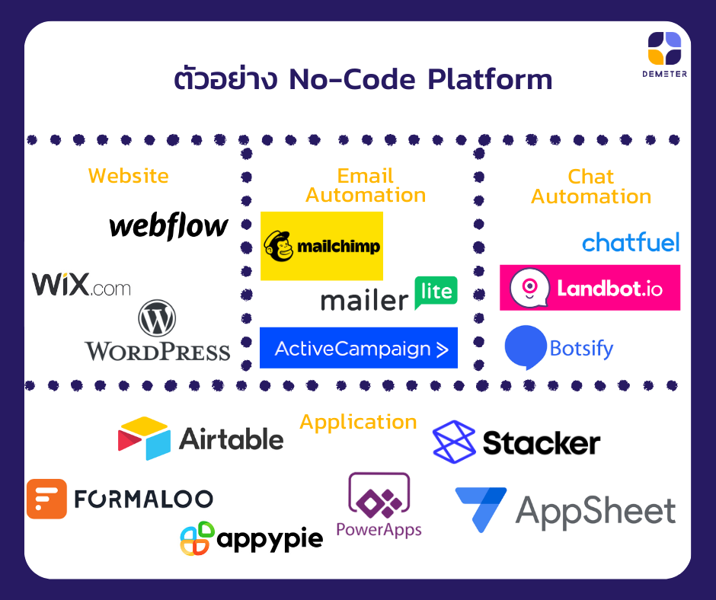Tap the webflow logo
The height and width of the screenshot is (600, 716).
168,225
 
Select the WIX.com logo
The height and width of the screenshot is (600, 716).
81,285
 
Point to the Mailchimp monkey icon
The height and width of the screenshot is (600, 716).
278,246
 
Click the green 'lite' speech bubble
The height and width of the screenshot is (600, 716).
436,292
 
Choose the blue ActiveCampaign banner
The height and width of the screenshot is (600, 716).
359,348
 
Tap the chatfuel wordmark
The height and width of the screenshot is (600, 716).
630,243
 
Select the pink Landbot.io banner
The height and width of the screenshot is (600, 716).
590,288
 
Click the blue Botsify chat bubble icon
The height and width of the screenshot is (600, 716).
526,347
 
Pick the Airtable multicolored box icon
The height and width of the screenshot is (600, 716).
145,438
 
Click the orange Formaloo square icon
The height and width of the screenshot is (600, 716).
46,499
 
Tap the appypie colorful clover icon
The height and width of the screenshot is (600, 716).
197,538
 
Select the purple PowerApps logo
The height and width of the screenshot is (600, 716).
379,504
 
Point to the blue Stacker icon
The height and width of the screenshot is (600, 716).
454,442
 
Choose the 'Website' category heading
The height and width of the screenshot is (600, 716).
129,176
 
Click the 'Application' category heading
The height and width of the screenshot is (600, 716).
358,422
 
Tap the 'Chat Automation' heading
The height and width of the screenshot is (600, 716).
591,187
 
